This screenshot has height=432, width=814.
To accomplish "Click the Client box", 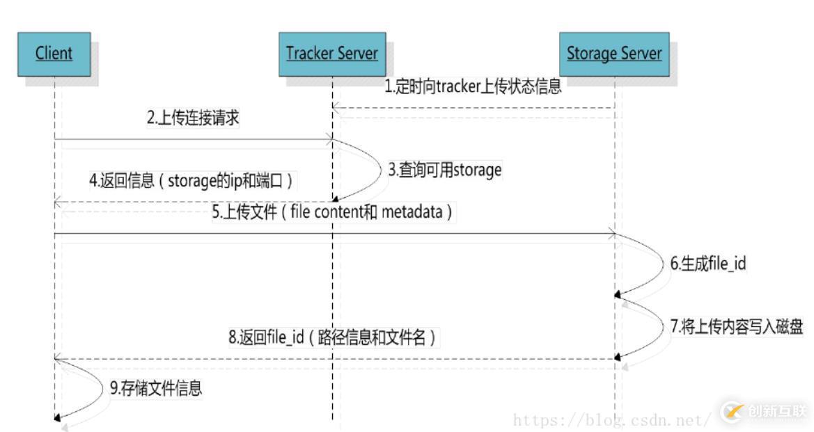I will pyautogui.click(x=54, y=54).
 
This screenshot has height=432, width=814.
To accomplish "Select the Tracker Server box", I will pyautogui.click(x=332, y=54).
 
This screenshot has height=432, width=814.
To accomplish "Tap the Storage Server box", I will pyautogui.click(x=613, y=54).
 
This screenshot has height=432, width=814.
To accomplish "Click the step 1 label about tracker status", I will pyautogui.click(x=473, y=88).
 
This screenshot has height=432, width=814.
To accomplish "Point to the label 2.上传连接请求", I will pyautogui.click(x=193, y=118).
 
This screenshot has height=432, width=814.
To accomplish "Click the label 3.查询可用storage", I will pyautogui.click(x=445, y=170).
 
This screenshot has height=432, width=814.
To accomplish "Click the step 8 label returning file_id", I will pyautogui.click(x=332, y=339).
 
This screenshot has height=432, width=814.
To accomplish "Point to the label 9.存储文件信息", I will pyautogui.click(x=156, y=388).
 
